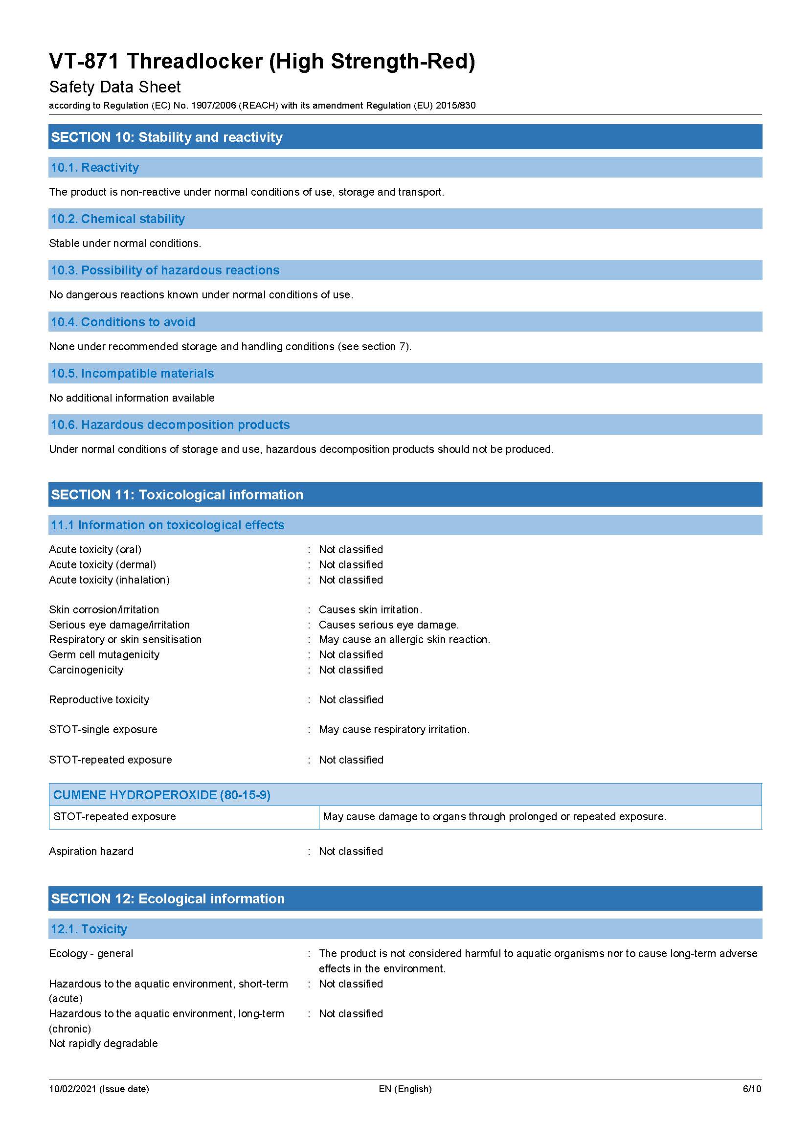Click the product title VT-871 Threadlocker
coord(262,61)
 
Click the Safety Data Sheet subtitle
coord(114,87)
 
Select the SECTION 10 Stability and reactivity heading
coord(167,137)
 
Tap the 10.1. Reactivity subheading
coord(95,167)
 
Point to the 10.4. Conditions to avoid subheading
coord(123,322)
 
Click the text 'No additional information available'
coord(132,398)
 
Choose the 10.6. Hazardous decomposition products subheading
coord(170,425)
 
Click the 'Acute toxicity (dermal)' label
coord(103,564)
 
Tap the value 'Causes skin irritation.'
coord(370,609)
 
